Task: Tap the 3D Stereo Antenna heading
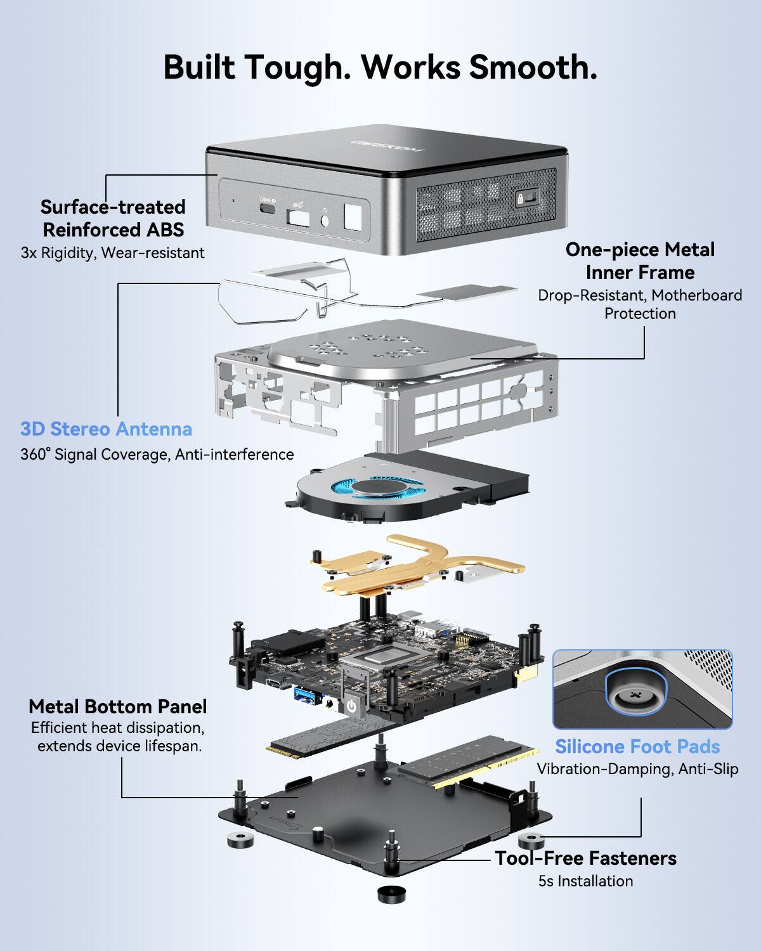coord(106,429)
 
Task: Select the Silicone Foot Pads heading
coord(637,747)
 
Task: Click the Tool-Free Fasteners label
coord(585,858)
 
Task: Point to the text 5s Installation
coord(585,881)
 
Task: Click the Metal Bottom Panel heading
coord(118,707)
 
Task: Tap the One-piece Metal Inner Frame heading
coord(640,261)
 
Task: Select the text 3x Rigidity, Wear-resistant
coord(112,253)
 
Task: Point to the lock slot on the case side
coord(528,198)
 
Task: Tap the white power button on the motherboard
coord(351,706)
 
